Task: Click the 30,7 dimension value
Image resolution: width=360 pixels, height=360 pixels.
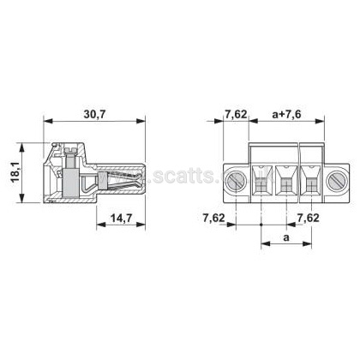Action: click(94, 115)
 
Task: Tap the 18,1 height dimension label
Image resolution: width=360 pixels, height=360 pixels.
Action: click(15, 171)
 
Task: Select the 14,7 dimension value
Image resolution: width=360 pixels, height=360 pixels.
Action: click(121, 219)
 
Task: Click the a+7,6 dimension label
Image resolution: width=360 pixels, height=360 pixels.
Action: click(286, 115)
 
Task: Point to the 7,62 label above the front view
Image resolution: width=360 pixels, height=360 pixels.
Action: click(236, 115)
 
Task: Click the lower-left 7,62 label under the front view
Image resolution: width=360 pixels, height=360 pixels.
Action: click(214, 218)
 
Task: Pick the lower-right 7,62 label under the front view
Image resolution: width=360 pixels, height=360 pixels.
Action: click(309, 218)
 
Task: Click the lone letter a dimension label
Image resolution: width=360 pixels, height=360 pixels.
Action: click(286, 237)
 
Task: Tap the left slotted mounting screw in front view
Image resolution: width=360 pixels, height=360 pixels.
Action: click(237, 180)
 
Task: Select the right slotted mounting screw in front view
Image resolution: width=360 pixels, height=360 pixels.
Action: click(338, 180)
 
